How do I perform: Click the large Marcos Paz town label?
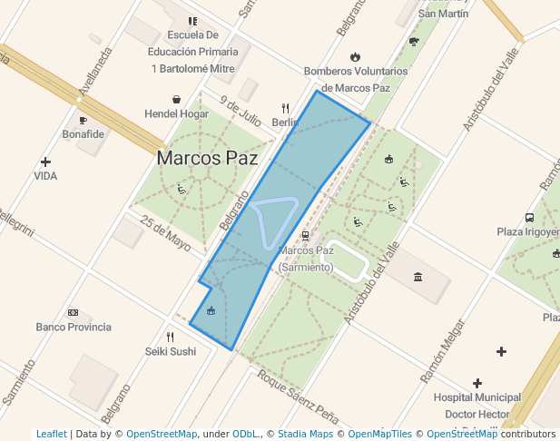[201, 157]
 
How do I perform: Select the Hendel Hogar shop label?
[176, 114]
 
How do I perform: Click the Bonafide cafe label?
[84, 134]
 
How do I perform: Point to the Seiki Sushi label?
[170, 351]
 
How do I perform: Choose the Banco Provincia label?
[74, 327]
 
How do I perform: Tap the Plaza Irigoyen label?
[527, 231]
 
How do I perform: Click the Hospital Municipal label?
[476, 397]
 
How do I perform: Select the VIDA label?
[45, 176]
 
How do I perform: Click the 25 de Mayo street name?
[166, 232]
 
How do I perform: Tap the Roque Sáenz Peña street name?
[297, 397]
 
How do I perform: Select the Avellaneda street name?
[94, 72]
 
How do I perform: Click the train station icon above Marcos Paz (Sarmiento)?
[305, 236]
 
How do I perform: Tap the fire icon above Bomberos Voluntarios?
[355, 56]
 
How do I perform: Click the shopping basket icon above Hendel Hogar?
[176, 99]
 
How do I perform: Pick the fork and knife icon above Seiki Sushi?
[170, 337]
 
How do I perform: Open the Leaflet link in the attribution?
[52, 434]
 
